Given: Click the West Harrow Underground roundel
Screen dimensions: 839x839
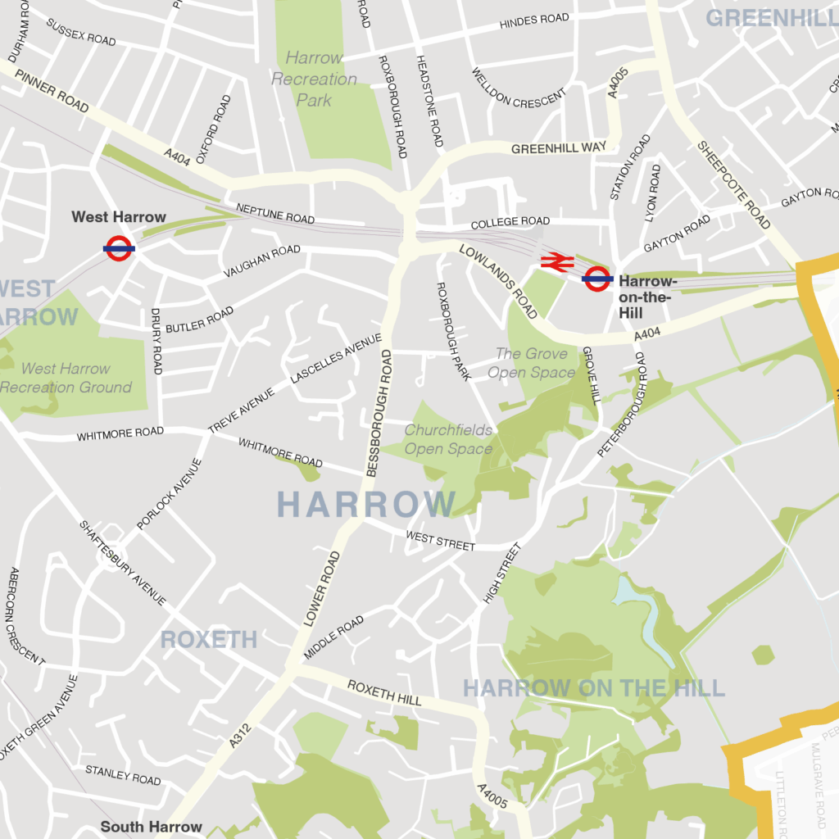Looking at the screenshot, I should pyautogui.click(x=119, y=247).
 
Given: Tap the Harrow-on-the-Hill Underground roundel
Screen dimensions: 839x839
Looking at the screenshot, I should pyautogui.click(x=597, y=279).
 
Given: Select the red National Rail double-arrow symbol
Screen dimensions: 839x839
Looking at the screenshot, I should pyautogui.click(x=556, y=261).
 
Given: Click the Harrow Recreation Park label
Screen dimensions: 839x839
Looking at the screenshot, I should pyautogui.click(x=315, y=79).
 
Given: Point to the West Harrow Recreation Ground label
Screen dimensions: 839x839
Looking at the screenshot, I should pyautogui.click(x=66, y=378).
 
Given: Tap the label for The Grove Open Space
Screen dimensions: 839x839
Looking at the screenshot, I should pyautogui.click(x=531, y=363).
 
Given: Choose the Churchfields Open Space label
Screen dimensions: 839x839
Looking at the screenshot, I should pyautogui.click(x=448, y=439).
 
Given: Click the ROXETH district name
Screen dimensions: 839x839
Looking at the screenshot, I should pyautogui.click(x=209, y=640).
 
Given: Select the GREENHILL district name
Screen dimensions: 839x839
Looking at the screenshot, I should pyautogui.click(x=771, y=18).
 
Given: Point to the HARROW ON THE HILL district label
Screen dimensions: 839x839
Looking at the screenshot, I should pyautogui.click(x=594, y=687).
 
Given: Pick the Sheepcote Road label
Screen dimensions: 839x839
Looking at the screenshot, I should pyautogui.click(x=734, y=185).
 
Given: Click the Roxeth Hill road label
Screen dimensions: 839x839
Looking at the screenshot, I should pyautogui.click(x=384, y=692).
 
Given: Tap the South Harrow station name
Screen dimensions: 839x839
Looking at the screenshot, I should pyautogui.click(x=151, y=827).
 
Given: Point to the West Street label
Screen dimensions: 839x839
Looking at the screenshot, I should pyautogui.click(x=440, y=541).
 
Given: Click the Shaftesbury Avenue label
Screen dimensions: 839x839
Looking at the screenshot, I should pyautogui.click(x=123, y=563).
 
